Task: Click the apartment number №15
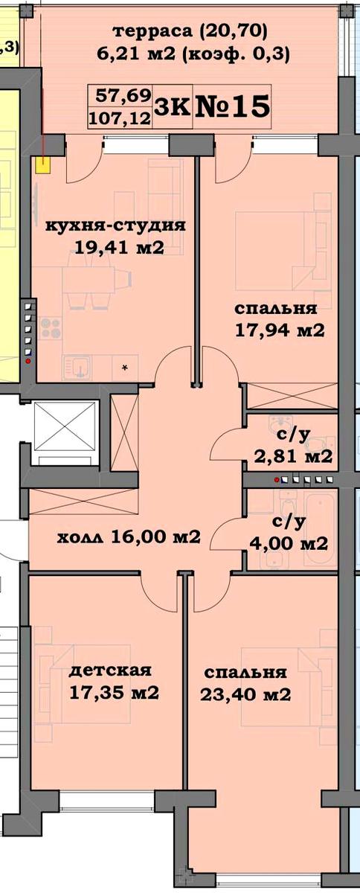[x=232, y=106]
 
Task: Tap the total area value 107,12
[x=120, y=118]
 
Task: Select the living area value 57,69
[x=123, y=96]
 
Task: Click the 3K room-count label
[x=172, y=107]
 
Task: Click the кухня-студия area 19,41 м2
[x=120, y=248]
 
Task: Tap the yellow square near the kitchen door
[x=43, y=165]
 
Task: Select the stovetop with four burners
[x=51, y=327]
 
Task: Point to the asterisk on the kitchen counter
[x=125, y=368]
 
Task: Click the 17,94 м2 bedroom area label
[x=280, y=330]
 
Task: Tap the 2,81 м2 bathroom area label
[x=293, y=456]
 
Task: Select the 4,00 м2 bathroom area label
[x=289, y=543]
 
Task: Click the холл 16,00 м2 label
[x=129, y=538]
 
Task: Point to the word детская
[x=110, y=671]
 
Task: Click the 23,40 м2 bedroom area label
[x=245, y=695]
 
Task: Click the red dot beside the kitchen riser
[x=28, y=362]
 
